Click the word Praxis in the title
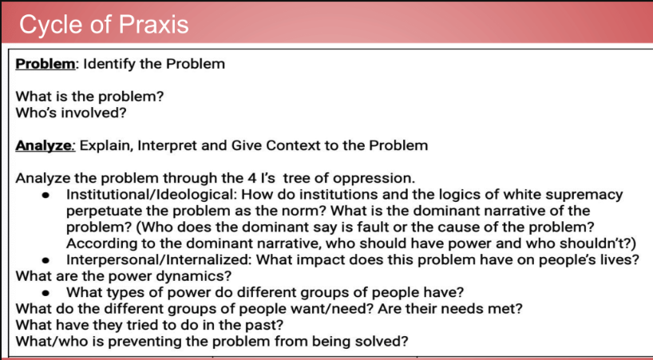pos(154,24)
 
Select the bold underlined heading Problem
pos(46,64)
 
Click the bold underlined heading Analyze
pos(44,146)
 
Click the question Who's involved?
pos(71,113)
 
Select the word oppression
pos(374,179)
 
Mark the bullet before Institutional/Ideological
pos(46,196)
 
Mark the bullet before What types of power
pos(46,293)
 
